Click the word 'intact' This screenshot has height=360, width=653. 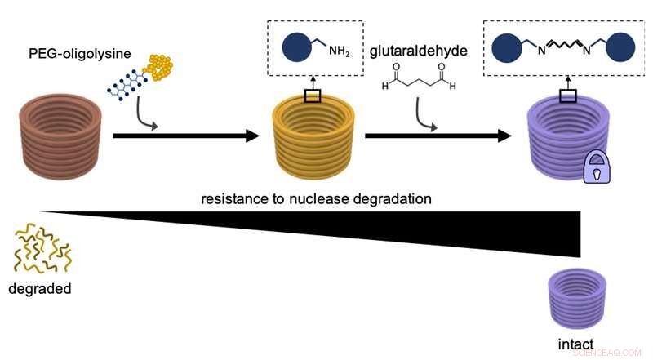[576, 344]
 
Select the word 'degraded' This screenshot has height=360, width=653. [40, 288]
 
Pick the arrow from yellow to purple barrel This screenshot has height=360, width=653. [432, 135]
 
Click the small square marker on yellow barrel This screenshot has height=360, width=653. [313, 96]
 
